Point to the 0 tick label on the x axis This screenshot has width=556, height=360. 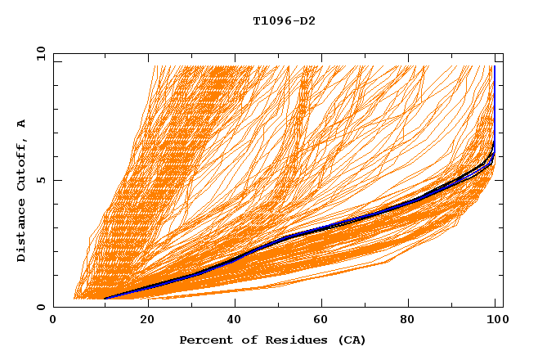(53, 322)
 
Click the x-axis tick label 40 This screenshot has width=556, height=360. (235, 322)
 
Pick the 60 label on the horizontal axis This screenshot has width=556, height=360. (325, 322)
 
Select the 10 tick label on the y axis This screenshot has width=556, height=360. (37, 53)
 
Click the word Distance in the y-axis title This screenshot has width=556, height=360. (22, 231)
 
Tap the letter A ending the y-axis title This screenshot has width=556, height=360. (22, 124)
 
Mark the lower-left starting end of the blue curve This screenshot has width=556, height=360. (105, 299)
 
